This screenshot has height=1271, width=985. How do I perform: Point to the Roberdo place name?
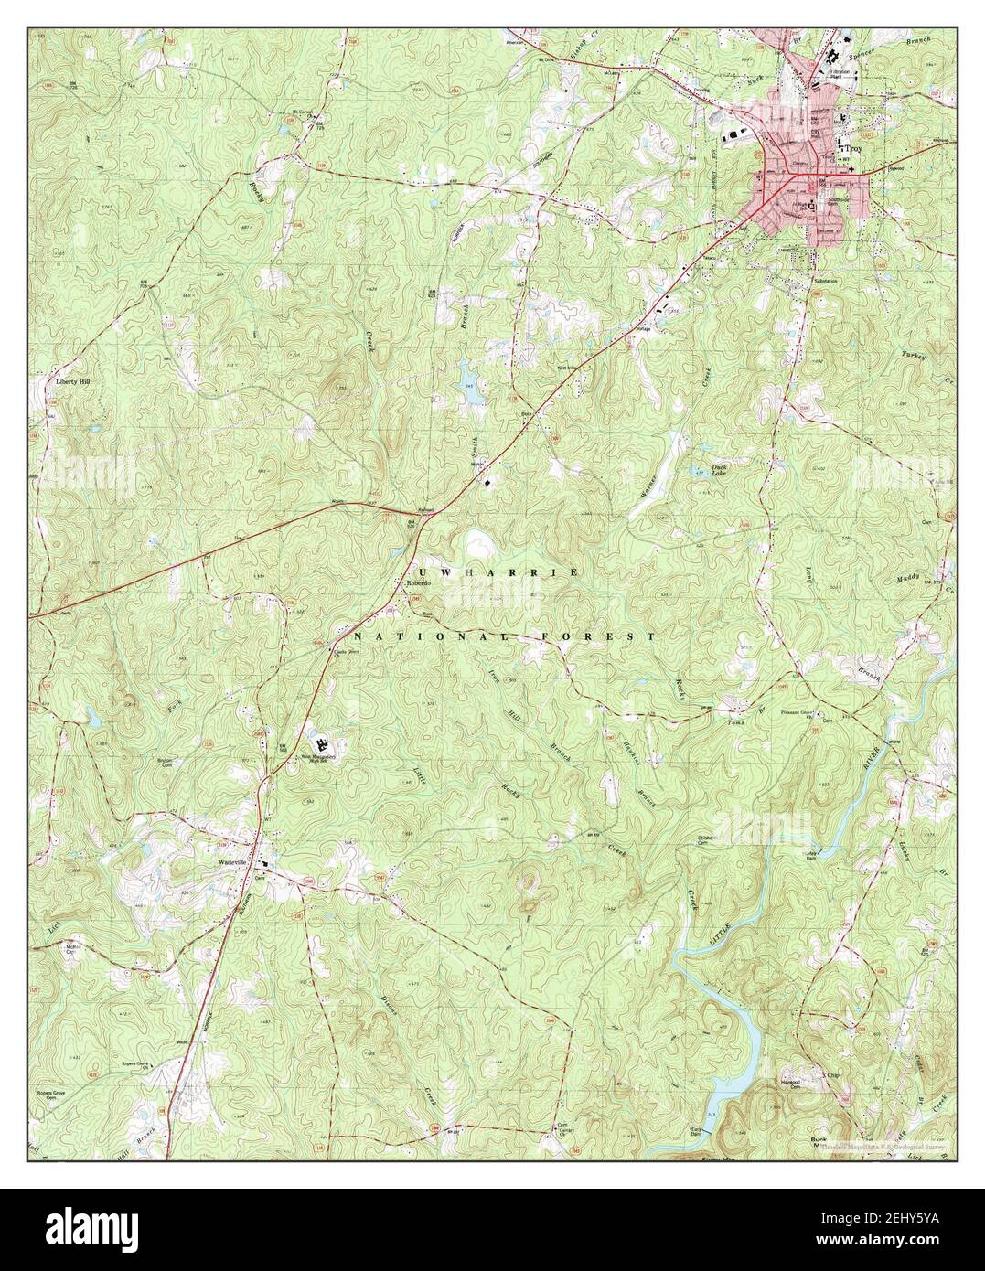click(x=418, y=583)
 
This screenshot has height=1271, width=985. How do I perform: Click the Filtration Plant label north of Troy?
click(x=839, y=74)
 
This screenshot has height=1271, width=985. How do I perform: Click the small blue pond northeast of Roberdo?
click(x=467, y=376)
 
